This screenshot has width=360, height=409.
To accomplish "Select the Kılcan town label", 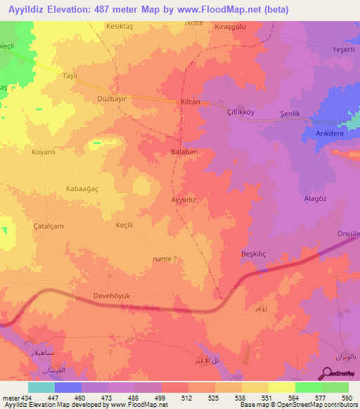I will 191,102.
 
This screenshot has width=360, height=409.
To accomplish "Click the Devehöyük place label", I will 112,297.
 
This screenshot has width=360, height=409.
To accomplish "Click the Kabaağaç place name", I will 84,189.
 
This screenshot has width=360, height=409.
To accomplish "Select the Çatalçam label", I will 49,226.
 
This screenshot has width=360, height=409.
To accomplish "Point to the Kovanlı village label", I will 43,151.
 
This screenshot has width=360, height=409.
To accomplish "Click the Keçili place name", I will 124,226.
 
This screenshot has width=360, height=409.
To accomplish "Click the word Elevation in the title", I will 74,9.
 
